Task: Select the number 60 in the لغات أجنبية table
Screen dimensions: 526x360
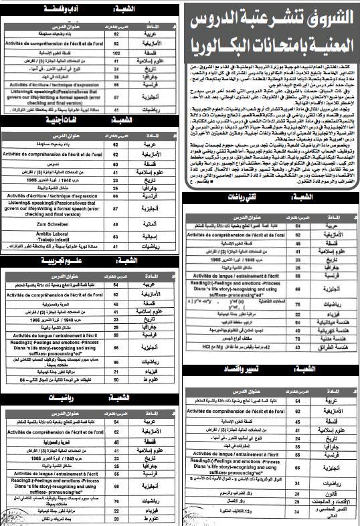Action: [116, 162]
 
